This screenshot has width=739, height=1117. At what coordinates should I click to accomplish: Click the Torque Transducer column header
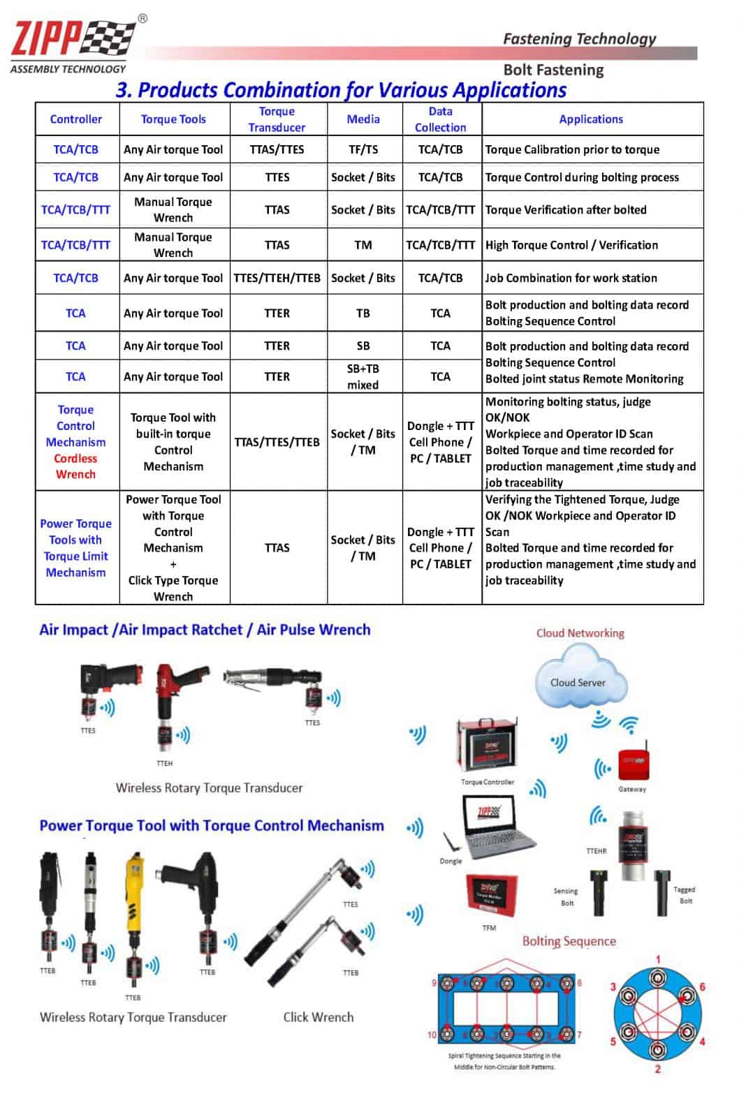(x=277, y=119)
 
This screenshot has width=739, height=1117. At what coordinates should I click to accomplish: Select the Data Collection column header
(x=440, y=119)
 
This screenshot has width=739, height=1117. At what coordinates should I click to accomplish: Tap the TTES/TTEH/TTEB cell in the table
(x=277, y=278)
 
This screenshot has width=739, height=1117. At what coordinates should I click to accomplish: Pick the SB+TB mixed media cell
(x=363, y=376)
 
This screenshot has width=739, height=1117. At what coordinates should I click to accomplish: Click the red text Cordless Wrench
(x=75, y=466)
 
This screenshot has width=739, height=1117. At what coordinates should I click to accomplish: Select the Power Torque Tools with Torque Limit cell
(x=75, y=548)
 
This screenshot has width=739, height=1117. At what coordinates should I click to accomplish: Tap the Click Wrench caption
(x=318, y=1017)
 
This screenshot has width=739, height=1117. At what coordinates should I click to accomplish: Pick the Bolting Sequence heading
(x=569, y=941)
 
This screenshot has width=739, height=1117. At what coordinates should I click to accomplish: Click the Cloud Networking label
(x=580, y=633)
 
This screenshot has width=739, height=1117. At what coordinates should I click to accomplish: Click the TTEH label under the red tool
(x=164, y=764)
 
